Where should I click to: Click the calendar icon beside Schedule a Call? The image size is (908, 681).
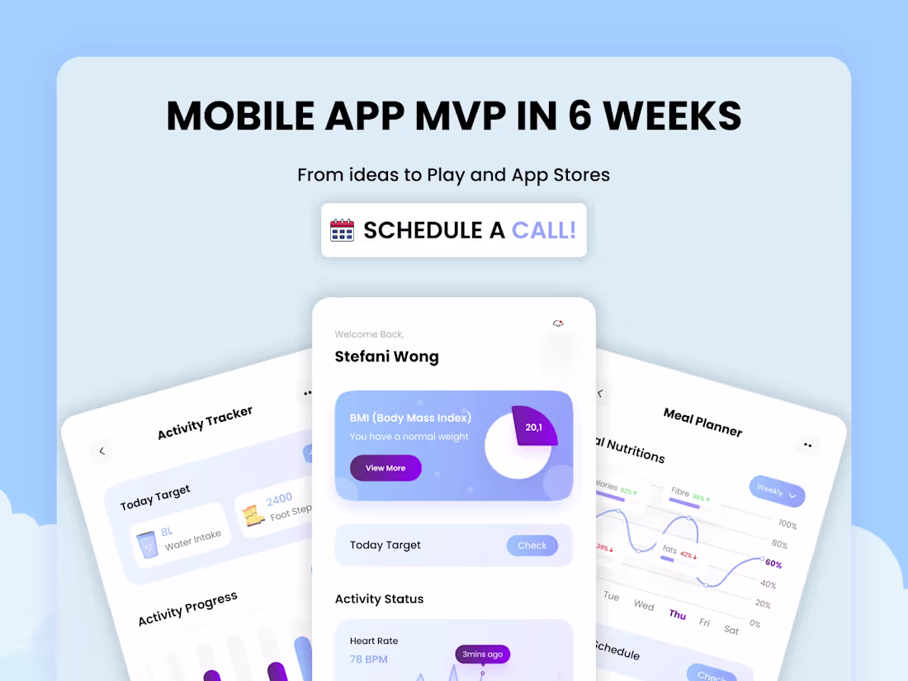click(342, 229)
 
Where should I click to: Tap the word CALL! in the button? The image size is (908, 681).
click(543, 229)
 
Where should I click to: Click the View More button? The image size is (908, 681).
click(385, 468)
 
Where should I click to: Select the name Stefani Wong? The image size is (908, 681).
click(386, 357)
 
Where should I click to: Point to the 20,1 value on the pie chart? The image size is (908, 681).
click(534, 427)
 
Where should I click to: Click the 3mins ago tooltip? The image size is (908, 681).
click(482, 655)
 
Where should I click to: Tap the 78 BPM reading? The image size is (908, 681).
click(368, 659)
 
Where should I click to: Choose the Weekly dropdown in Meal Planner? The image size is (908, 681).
click(777, 492)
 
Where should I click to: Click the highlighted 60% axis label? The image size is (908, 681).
click(773, 564)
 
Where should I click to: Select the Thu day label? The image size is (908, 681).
click(678, 614)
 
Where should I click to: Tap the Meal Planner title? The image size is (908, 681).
click(702, 422)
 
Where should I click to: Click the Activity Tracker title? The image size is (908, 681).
click(205, 423)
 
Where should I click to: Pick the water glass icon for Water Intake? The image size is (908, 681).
click(148, 545)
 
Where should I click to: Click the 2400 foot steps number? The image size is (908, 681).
click(279, 499)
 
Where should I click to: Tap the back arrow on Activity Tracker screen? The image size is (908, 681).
click(102, 451)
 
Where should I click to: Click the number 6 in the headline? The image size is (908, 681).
click(581, 116)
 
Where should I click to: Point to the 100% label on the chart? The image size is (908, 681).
click(787, 525)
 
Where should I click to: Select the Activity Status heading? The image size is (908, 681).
click(379, 599)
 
